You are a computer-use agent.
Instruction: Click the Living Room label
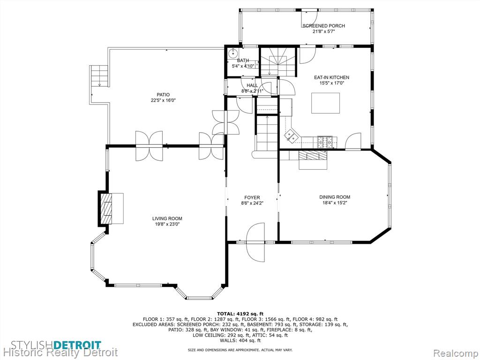coord(167,218)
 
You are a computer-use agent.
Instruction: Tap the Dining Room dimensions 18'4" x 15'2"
coord(335,202)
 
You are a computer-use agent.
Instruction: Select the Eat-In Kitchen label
coord(331,77)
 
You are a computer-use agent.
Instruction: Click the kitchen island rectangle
coord(326,103)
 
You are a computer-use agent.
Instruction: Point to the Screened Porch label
coord(323,26)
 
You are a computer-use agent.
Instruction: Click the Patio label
coord(163,95)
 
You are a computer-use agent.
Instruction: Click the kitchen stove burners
coord(327,142)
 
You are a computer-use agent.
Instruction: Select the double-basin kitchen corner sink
coord(290,135)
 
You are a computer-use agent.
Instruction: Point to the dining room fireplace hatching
coord(313,155)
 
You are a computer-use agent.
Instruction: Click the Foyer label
coord(252,198)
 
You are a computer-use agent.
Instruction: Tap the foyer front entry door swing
coord(255,242)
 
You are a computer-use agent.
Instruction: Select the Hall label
coord(252,85)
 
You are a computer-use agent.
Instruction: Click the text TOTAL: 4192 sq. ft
coord(240,314)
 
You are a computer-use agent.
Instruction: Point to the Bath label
coord(243,60)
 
